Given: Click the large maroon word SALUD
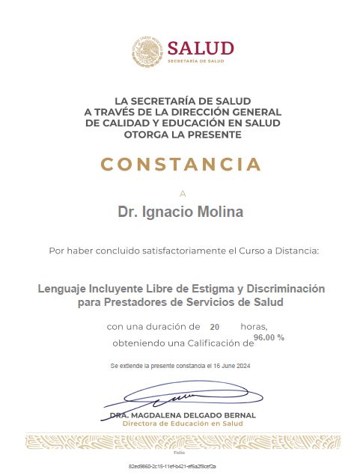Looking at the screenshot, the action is pos(201,48).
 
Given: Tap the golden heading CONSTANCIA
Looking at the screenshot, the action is pos(180,164).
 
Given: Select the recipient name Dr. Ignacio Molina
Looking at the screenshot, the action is pos(180,212).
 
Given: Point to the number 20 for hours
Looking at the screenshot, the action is pos(215,328).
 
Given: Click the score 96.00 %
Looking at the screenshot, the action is pos(269,338).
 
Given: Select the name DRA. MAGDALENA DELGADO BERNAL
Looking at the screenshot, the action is pos(182,414).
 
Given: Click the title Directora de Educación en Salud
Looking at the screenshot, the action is pos(182,423).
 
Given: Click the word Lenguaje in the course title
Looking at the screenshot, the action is pos(64,288).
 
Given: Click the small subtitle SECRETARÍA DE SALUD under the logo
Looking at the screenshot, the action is pos(196,62).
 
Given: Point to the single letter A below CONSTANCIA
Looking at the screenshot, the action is pos(181,192).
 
